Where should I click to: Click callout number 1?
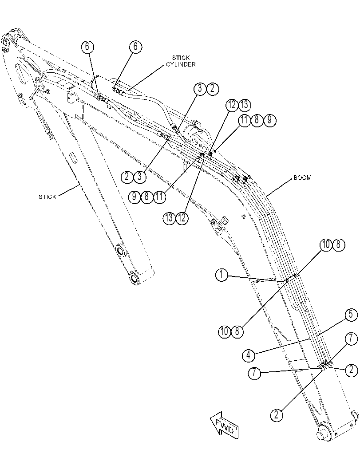pyautogui.click(x=222, y=275)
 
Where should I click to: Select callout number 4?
pyautogui.click(x=249, y=355)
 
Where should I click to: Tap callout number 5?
pyautogui.click(x=351, y=315)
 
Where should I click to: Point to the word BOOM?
pyautogui.click(x=302, y=177)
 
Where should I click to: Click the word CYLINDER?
pyautogui.click(x=181, y=64)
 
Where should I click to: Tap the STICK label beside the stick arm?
pyautogui.click(x=47, y=197)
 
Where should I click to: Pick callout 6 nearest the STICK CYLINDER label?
pyautogui.click(x=135, y=47)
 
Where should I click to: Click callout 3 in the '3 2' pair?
pyautogui.click(x=200, y=89)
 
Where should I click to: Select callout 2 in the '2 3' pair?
pyautogui.click(x=127, y=177)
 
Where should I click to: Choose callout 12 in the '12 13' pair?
pyautogui.click(x=232, y=105)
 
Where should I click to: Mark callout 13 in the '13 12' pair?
pyautogui.click(x=170, y=218)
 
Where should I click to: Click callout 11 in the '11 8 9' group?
pyautogui.click(x=244, y=120)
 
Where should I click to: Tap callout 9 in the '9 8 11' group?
pyautogui.click(x=135, y=197)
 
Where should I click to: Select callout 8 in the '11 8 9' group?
pyautogui.click(x=257, y=120)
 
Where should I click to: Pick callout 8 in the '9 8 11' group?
pyautogui.click(x=147, y=197)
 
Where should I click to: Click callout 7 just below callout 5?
pyautogui.click(x=351, y=339)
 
